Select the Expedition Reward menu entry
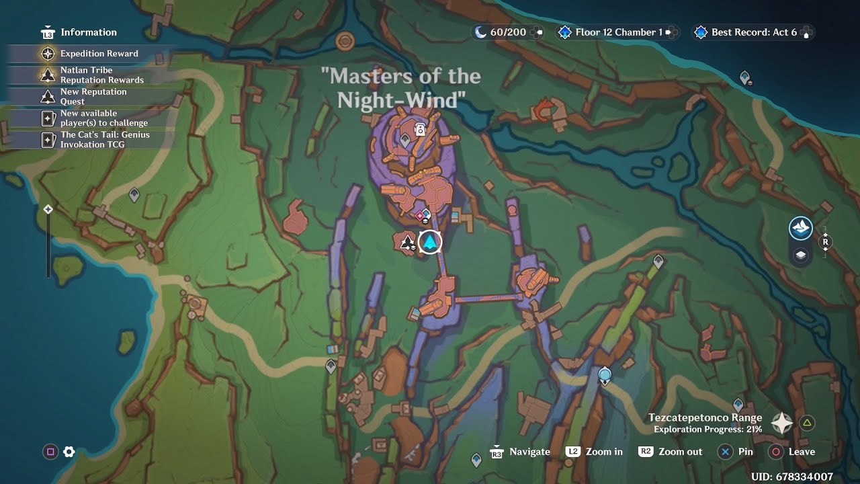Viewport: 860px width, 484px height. click(99, 54)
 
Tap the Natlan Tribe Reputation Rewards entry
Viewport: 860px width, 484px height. click(101, 75)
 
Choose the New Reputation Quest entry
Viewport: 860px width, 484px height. click(93, 96)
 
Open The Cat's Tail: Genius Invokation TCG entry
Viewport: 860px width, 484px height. click(105, 139)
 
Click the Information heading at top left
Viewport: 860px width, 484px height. click(88, 32)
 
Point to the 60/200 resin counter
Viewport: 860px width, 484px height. click(508, 32)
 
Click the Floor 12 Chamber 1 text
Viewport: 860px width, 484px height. click(618, 32)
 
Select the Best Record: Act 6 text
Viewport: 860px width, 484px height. click(754, 32)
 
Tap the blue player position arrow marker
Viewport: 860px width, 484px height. click(429, 242)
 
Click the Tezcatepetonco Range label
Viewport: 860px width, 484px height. click(705, 418)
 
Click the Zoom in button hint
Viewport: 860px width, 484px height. click(603, 452)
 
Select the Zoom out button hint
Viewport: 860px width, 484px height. click(680, 452)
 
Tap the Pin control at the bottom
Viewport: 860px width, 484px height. click(745, 452)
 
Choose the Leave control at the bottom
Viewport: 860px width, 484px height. click(801, 452)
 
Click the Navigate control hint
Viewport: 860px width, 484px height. click(529, 452)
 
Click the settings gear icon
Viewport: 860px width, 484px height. click(69, 452)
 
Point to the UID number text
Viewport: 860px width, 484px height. click(792, 477)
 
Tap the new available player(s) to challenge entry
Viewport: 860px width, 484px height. click(103, 118)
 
